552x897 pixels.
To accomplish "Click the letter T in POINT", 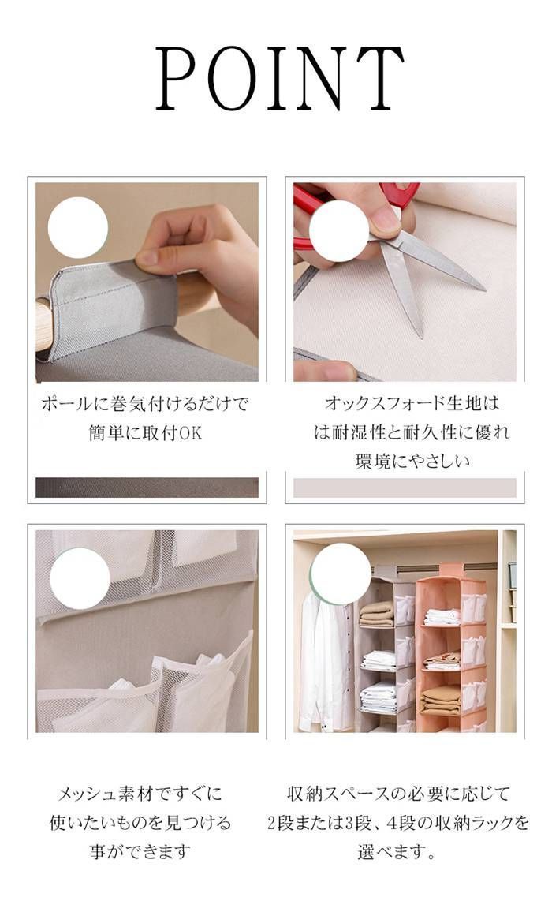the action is click(x=379, y=78).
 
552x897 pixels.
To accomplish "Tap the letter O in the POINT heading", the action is click(x=228, y=78).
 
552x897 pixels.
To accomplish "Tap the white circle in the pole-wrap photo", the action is click(x=78, y=228).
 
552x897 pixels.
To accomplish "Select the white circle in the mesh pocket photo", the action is click(x=80, y=577).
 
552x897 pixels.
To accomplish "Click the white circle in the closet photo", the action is click(x=341, y=574).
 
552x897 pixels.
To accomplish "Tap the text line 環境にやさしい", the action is click(x=412, y=461).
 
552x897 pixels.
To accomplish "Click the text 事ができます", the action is click(x=140, y=852).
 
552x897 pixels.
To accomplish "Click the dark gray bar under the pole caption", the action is click(x=147, y=488).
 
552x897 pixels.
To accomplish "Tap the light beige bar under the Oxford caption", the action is click(x=405, y=488).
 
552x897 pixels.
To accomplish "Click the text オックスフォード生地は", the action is click(x=412, y=404).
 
